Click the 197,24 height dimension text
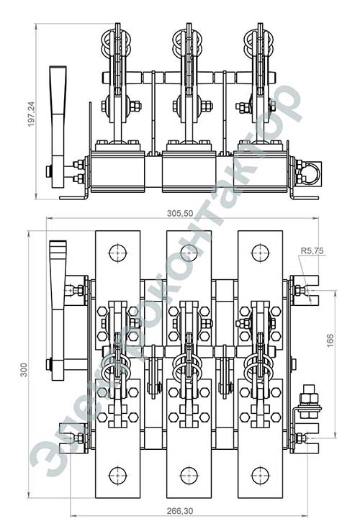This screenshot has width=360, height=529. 32,114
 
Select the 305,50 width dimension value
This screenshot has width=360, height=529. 180,213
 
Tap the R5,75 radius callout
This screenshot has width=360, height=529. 312,250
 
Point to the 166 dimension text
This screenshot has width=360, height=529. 330,340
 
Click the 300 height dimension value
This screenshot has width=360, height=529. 23,370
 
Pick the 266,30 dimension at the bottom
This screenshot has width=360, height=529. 180,511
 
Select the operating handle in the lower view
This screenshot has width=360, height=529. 58,310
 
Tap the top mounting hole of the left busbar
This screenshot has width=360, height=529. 118,253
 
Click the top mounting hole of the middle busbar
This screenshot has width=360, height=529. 189,253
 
